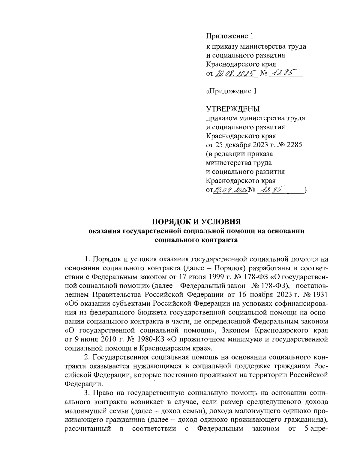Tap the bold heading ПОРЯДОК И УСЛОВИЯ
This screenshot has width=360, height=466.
[x=196, y=222]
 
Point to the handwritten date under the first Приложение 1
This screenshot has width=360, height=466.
[x=235, y=73]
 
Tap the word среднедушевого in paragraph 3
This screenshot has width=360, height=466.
[x=263, y=401]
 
